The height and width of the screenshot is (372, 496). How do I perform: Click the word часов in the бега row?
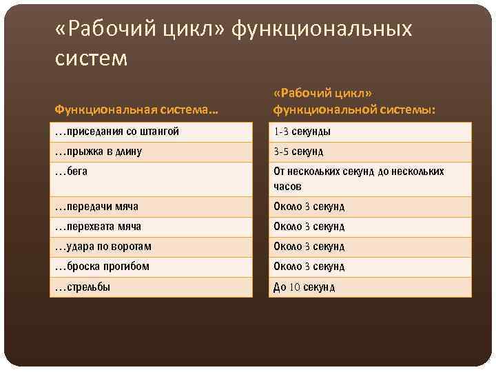click(287, 187)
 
